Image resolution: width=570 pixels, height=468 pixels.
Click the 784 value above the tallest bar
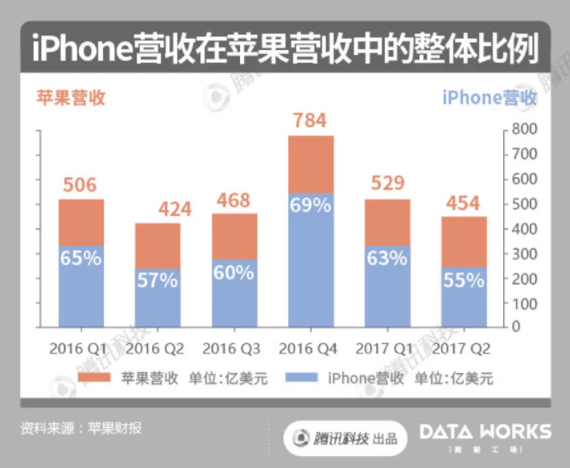pos(310,121)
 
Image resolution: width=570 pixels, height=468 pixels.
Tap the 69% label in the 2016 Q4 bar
pos(310,205)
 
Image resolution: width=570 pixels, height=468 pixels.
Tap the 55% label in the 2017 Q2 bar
pos(464,280)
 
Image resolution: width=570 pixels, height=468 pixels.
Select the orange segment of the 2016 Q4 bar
pos(310,164)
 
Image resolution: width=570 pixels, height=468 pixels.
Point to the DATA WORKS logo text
pos(485,432)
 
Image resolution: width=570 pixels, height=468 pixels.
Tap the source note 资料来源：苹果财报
pos(81,428)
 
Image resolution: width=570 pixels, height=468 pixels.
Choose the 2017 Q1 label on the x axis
pos(387,349)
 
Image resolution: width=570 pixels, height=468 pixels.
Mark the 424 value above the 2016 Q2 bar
pos(158,209)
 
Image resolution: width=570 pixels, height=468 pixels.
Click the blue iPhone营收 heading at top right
pos(489,98)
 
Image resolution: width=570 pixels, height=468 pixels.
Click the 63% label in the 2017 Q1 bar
pos(387,259)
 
